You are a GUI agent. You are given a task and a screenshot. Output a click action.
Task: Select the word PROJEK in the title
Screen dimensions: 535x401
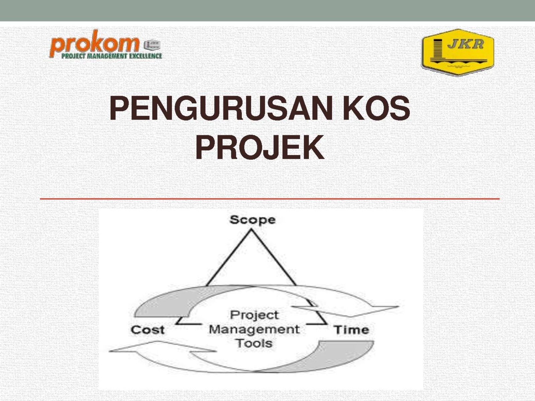260,147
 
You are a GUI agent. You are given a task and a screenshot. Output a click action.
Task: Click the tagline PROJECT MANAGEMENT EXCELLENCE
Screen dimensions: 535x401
112,56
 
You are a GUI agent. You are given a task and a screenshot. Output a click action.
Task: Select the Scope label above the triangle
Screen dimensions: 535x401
252,220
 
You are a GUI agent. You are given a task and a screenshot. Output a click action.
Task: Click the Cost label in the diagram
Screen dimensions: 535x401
148,330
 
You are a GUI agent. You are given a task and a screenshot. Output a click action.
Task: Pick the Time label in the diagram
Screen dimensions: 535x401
351,330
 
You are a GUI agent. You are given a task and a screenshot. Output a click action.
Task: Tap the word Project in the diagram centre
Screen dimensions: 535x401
254,315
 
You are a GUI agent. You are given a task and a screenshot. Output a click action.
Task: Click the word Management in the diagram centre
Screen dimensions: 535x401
254,329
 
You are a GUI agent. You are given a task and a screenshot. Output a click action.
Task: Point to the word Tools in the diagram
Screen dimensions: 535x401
254,343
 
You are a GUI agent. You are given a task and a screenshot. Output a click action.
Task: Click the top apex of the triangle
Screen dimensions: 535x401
251,230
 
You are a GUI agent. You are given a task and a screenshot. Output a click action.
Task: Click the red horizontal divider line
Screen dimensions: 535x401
270,199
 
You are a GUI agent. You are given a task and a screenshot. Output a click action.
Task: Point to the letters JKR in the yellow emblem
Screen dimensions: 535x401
465,44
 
